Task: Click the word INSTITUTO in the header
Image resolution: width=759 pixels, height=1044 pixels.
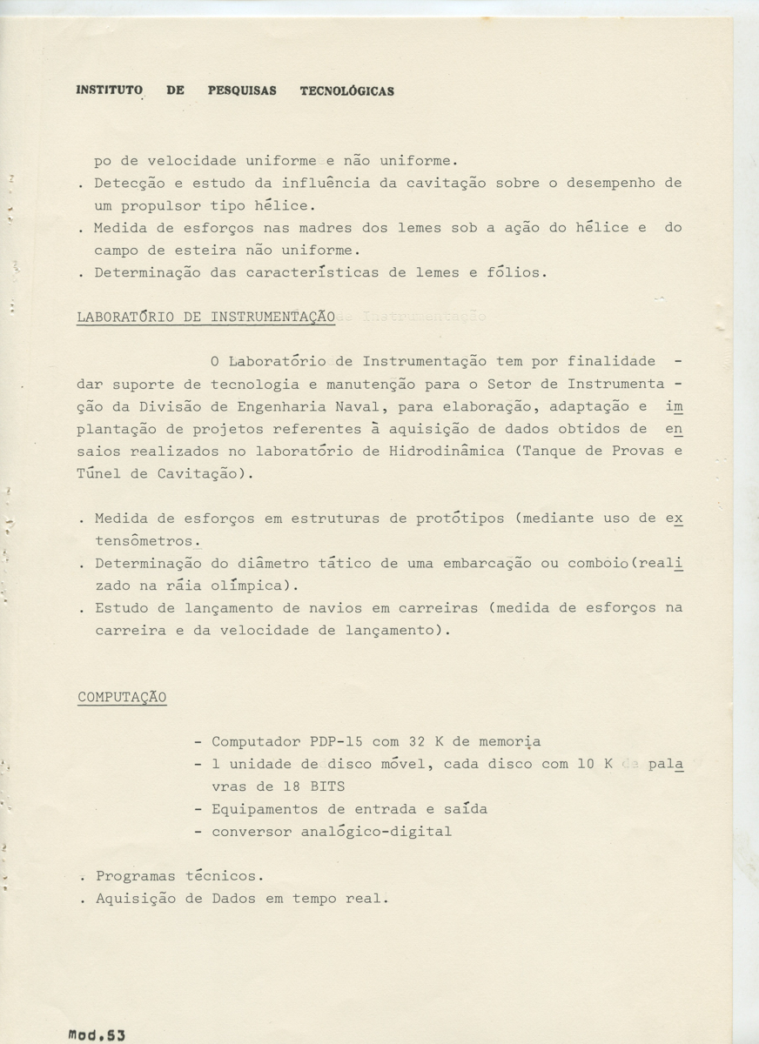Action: [x=109, y=90]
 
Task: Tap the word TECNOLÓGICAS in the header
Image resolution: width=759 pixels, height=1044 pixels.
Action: [x=346, y=90]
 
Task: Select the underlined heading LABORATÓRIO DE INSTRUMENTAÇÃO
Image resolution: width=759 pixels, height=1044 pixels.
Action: [x=206, y=318]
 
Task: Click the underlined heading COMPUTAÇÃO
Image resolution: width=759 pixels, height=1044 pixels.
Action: [x=122, y=697]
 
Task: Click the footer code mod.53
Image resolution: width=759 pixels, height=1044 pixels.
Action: [x=97, y=1035]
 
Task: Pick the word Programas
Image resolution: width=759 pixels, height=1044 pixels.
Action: [x=135, y=876]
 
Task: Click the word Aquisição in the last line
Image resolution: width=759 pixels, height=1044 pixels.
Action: [x=135, y=899]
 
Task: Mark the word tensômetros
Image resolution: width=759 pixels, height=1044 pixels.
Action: [x=144, y=541]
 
